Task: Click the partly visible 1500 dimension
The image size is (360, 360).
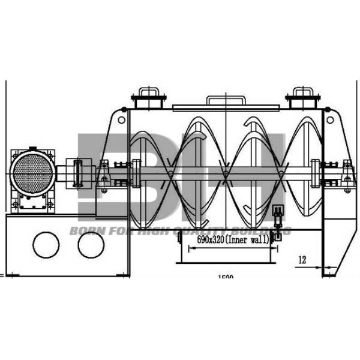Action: pos(226,277)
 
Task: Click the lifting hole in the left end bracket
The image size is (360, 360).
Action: pos(122,119)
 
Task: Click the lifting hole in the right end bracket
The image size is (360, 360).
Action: pos(329,119)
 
